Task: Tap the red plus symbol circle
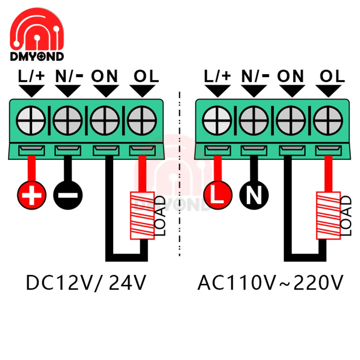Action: pos(32,195)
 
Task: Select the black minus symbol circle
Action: pos(68,195)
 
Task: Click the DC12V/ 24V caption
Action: pos(86,283)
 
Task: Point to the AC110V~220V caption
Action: pos(270,283)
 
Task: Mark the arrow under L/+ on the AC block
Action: pos(217,91)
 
